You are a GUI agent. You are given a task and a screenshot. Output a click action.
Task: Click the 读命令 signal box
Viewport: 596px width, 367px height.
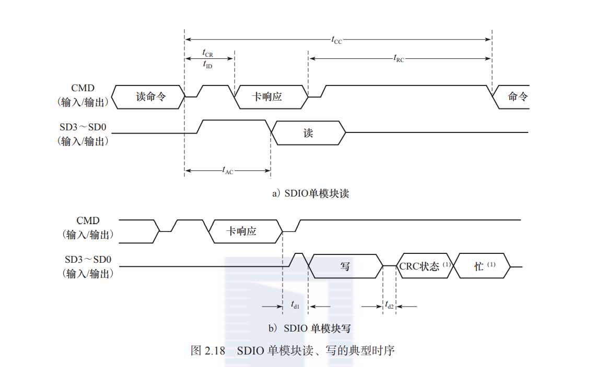tap(149, 97)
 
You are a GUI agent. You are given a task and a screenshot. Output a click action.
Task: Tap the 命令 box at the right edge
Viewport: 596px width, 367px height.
tap(515, 97)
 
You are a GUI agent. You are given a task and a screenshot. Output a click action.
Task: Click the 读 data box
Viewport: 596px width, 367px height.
tap(308, 133)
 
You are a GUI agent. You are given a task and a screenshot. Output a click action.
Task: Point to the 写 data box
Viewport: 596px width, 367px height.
tap(345, 266)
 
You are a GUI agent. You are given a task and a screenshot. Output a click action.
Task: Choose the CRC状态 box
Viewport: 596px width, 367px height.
tap(424, 266)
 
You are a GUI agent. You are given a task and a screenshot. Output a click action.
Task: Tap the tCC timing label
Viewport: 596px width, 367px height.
tap(337, 40)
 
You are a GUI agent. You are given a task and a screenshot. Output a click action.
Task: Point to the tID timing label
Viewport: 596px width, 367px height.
tap(207, 65)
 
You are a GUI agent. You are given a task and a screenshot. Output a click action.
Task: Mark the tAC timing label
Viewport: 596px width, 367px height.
tap(227, 170)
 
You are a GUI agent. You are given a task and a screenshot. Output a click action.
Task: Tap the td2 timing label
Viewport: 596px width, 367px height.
tap(389, 306)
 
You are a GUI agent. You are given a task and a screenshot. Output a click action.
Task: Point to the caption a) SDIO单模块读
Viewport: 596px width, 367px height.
tap(310, 193)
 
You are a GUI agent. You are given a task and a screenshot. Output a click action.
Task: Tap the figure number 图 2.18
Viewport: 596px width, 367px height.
tap(207, 350)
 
